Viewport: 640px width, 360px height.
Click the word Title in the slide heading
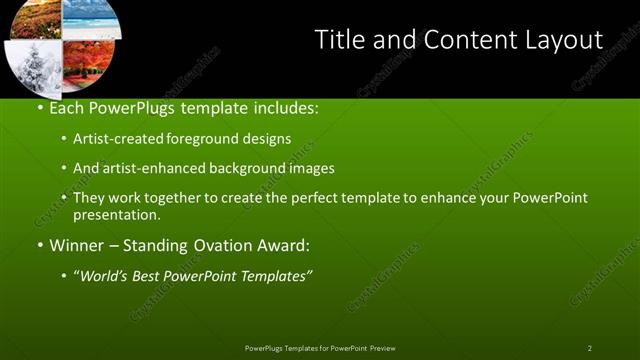coord(338,39)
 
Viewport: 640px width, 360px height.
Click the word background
coord(249,168)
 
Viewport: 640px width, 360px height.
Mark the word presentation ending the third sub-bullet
coord(116,214)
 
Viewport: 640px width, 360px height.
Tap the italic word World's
coord(104,276)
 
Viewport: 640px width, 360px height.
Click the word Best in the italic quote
coord(154,276)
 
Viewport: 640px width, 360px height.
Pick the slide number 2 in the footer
coord(589,348)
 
